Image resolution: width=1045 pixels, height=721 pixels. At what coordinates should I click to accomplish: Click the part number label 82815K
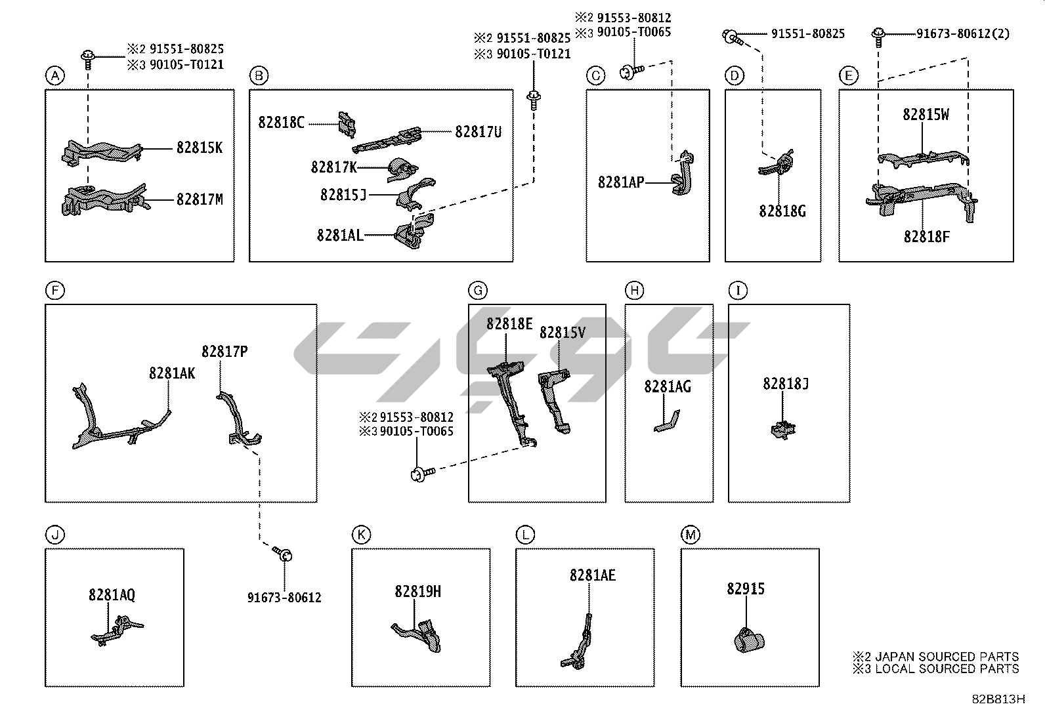click(199, 148)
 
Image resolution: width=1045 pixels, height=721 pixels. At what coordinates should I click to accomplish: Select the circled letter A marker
click(55, 76)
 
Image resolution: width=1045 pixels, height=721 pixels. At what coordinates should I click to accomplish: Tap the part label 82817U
click(478, 132)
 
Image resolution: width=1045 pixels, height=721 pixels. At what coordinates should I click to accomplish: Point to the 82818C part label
click(281, 123)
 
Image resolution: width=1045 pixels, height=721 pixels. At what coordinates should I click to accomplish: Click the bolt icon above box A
click(87, 57)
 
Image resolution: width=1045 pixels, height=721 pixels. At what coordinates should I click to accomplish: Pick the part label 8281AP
click(620, 182)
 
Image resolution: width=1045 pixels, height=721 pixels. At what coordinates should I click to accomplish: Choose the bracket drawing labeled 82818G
click(778, 164)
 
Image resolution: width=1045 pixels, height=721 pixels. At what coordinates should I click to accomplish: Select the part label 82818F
click(926, 237)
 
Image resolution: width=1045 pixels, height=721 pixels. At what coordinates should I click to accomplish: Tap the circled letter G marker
click(478, 291)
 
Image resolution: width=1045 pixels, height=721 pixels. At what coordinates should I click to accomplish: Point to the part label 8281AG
click(667, 386)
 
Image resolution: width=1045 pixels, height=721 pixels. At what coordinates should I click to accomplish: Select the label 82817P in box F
click(224, 352)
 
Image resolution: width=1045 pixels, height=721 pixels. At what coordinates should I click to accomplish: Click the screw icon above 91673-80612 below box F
click(284, 555)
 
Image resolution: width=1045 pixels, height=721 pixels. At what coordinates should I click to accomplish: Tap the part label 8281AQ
click(112, 595)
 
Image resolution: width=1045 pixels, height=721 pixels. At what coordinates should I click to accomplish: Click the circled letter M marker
click(690, 535)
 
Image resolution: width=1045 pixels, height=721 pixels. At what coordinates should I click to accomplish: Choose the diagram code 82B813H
click(998, 699)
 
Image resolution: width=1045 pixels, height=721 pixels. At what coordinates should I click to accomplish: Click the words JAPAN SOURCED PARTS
click(946, 657)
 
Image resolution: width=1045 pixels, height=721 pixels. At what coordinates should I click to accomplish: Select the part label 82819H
click(417, 592)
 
